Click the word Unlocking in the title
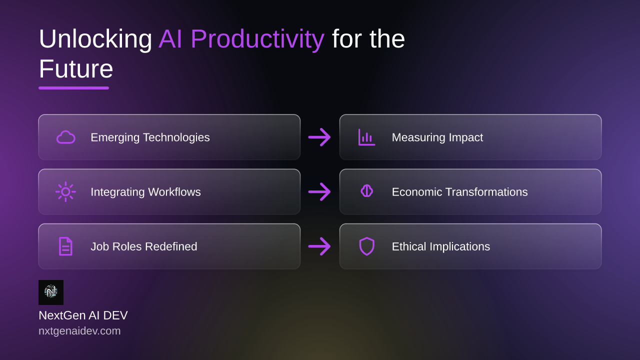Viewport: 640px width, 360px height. (x=95, y=39)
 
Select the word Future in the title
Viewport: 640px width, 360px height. (x=76, y=69)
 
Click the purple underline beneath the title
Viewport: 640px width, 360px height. (x=73, y=88)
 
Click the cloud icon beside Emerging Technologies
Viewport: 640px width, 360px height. (x=65, y=137)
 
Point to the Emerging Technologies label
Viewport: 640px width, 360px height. (x=150, y=137)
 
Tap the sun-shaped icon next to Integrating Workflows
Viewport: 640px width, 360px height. (x=65, y=191)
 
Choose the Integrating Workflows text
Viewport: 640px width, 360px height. (x=145, y=192)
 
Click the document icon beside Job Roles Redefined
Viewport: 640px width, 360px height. (x=65, y=246)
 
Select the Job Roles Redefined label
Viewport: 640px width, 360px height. (x=143, y=246)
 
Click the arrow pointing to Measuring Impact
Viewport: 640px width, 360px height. (x=319, y=137)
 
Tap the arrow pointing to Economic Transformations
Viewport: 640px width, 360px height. (x=319, y=191)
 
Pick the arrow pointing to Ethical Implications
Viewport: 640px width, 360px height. (x=319, y=246)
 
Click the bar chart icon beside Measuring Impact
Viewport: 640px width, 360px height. (x=367, y=137)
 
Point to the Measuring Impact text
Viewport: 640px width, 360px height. (x=437, y=137)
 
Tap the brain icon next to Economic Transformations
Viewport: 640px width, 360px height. (x=367, y=191)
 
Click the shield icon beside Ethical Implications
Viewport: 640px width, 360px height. (x=367, y=246)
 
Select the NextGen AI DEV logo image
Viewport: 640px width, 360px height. (x=51, y=292)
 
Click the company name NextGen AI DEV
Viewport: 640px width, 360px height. (x=83, y=315)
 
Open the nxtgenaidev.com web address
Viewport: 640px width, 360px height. (x=79, y=331)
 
